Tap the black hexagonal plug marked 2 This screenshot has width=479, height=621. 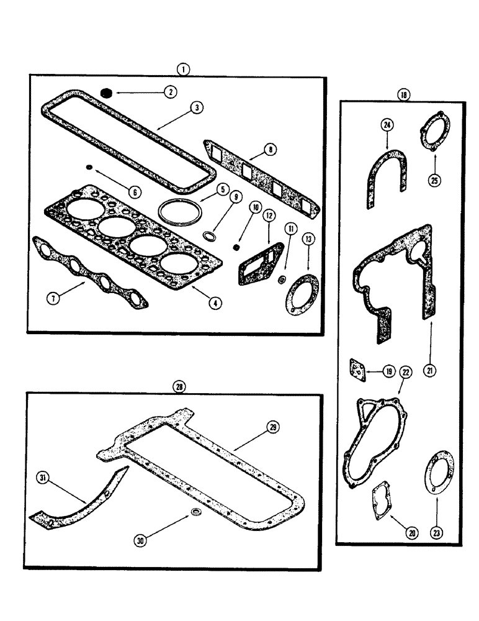pos(106,93)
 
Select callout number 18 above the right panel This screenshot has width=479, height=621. pos(404,95)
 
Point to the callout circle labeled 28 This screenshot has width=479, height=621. pos(179,386)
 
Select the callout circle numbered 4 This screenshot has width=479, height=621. pos(213,304)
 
